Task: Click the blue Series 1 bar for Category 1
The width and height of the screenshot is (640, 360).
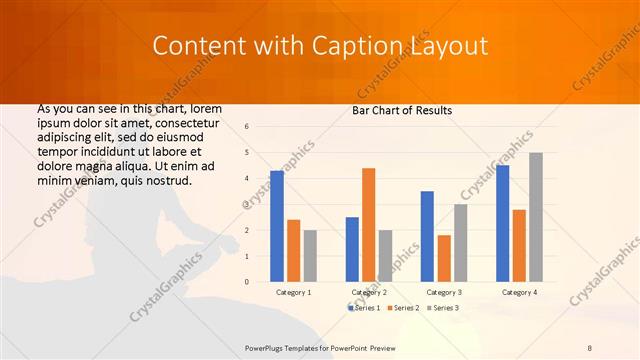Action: [x=277, y=226]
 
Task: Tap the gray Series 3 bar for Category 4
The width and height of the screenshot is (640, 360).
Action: [x=536, y=217]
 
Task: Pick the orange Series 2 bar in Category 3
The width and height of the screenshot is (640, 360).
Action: [x=443, y=258]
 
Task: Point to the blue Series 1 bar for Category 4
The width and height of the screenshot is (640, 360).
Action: [x=502, y=223]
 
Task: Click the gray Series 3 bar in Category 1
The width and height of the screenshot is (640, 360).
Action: [x=310, y=256]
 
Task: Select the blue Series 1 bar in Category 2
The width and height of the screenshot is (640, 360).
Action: [x=352, y=249]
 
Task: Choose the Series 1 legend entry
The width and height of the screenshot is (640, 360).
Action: [x=364, y=308]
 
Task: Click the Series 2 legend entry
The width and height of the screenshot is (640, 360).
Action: [x=404, y=308]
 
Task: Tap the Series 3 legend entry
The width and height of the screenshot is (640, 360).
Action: [x=444, y=308]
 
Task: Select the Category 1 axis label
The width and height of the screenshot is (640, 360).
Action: [x=293, y=292]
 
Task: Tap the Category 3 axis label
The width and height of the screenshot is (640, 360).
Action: [x=444, y=292]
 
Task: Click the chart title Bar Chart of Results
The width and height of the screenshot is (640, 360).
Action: [x=403, y=110]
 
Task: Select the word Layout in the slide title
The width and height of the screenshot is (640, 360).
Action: [x=451, y=46]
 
